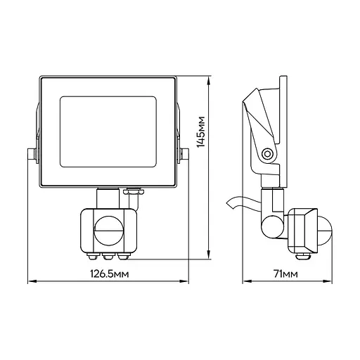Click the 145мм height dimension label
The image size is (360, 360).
(x=201, y=131)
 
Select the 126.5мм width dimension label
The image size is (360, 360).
(x=110, y=274)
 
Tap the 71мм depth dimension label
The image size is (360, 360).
(x=286, y=274)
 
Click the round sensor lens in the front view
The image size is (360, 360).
(x=108, y=231)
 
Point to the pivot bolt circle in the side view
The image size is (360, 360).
(x=267, y=155)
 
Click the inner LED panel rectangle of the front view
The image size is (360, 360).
(x=108, y=131)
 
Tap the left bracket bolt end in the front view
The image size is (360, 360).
(x=32, y=155)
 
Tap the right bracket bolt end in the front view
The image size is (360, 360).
(x=185, y=155)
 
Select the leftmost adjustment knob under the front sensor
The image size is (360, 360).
(x=94, y=256)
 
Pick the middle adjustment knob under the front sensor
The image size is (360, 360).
(x=108, y=256)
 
